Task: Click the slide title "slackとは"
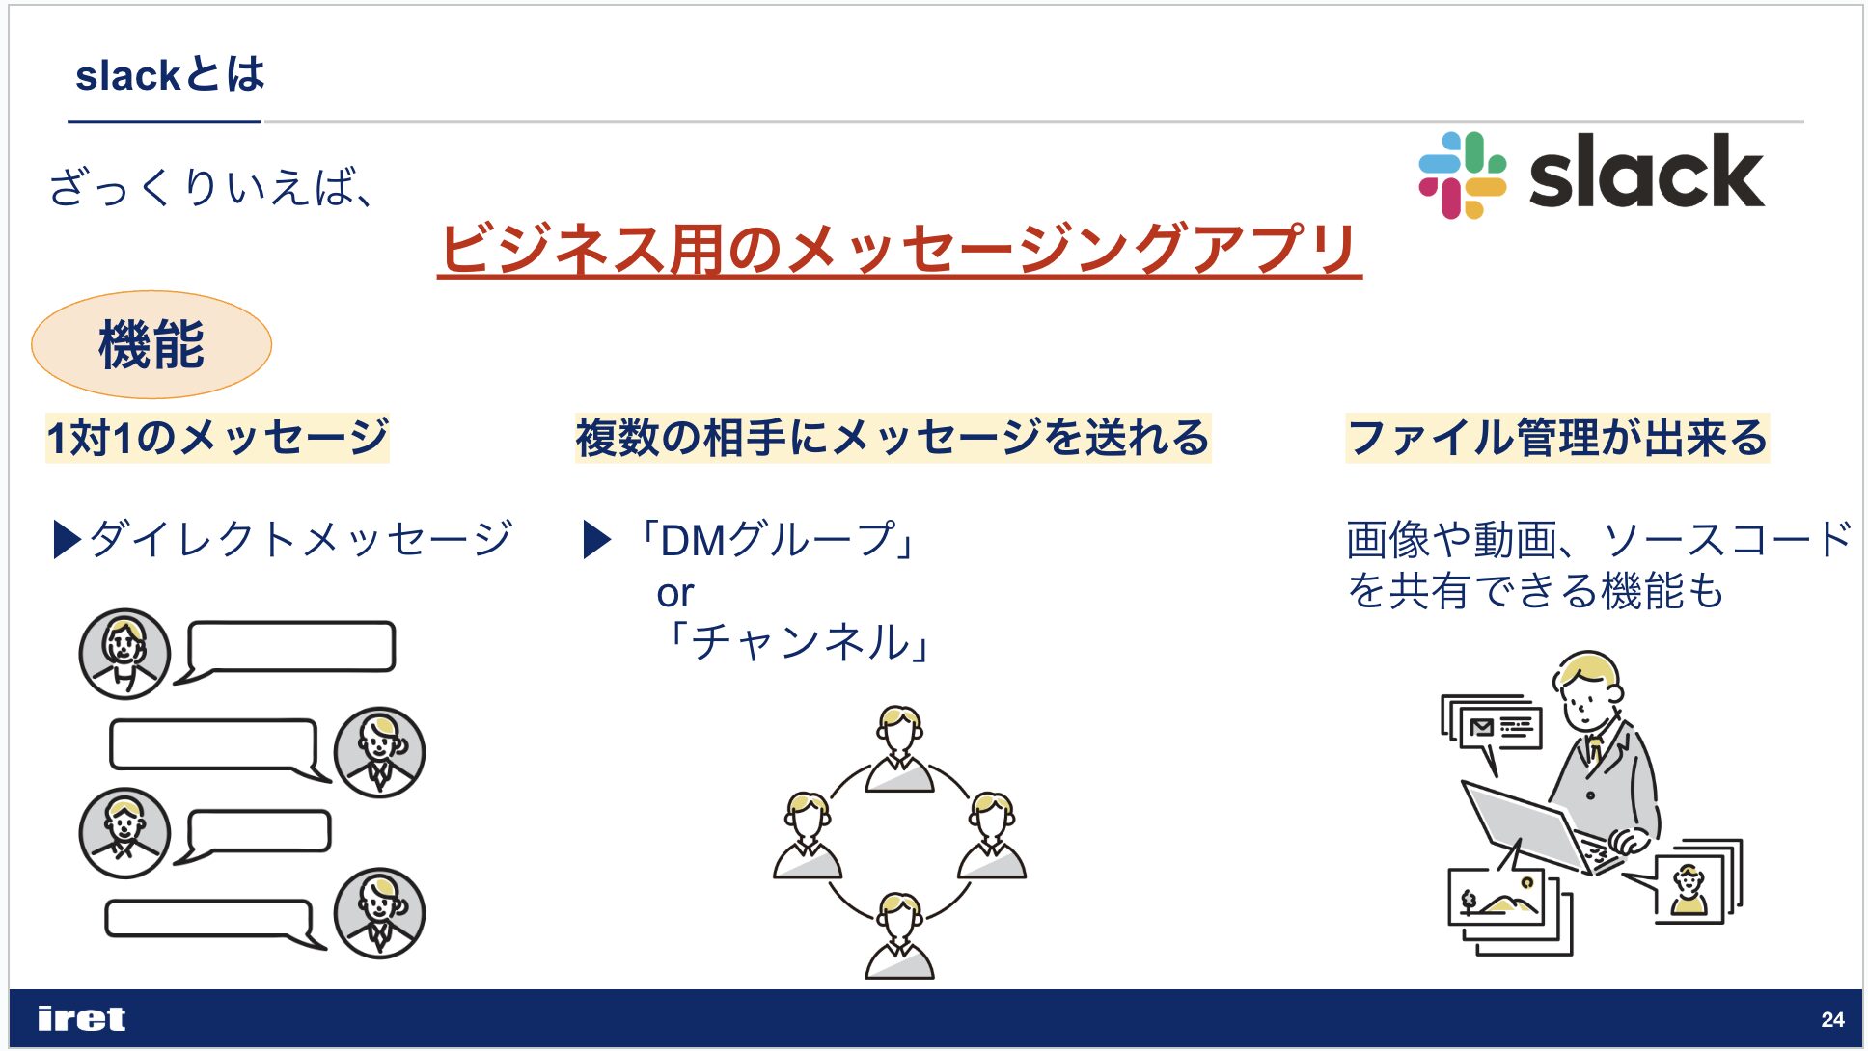click(170, 75)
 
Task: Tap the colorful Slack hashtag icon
click(1462, 175)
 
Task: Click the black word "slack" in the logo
click(1646, 173)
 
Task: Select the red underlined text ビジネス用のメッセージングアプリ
click(899, 249)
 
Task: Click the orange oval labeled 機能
click(151, 344)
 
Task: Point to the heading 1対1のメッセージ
click(218, 438)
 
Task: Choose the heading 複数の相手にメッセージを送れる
click(893, 438)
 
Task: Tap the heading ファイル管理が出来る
click(1557, 438)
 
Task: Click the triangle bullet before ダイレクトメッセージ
click(67, 540)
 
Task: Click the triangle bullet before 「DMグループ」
click(597, 540)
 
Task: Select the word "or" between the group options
click(674, 593)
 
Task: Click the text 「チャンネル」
click(796, 641)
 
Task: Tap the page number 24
click(1832, 1019)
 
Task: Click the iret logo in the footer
click(81, 1018)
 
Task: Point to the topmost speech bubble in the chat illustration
click(286, 651)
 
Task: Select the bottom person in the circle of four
click(899, 934)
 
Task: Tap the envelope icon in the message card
click(1481, 728)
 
